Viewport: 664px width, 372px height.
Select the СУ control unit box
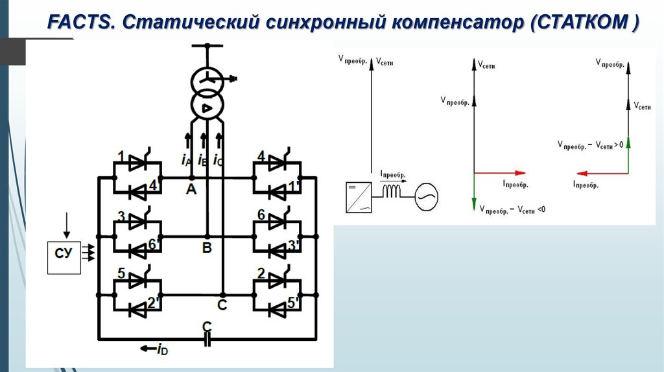tap(64, 256)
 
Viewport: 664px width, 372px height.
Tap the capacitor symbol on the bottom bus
tap(207, 339)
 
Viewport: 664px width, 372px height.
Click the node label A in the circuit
tap(191, 189)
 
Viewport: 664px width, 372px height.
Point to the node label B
tap(207, 248)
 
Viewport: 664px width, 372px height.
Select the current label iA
tap(186, 159)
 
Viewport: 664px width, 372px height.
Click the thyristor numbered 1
tap(137, 165)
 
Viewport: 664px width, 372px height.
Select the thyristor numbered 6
tap(278, 222)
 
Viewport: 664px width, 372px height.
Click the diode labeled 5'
tap(278, 309)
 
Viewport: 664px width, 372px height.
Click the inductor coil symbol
tap(392, 192)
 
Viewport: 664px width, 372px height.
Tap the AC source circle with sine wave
tap(426, 194)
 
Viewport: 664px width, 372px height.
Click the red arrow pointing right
tap(499, 173)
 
